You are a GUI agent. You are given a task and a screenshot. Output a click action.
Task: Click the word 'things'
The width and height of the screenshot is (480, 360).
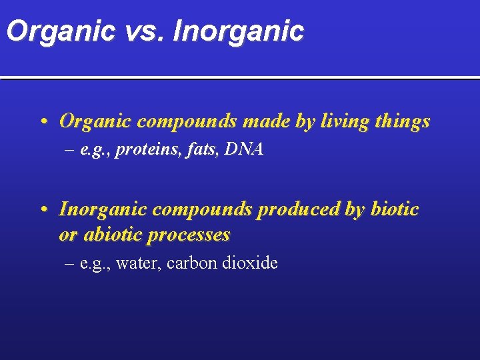402,122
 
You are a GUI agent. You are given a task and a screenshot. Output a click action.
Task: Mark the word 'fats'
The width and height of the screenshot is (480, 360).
199,150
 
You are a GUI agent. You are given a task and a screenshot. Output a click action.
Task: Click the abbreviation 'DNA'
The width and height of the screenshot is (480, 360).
244,150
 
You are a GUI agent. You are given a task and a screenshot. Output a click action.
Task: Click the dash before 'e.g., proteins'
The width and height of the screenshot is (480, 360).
69,151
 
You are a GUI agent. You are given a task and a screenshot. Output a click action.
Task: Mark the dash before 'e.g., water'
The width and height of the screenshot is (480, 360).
69,263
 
